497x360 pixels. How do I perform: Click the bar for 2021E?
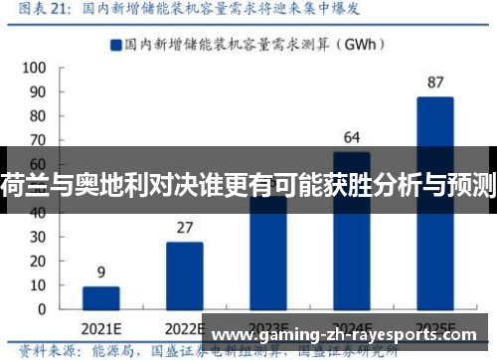click(100, 298)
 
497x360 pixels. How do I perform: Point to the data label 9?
click(100, 270)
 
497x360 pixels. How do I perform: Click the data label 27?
click(184, 227)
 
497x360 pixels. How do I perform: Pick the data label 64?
click(351, 136)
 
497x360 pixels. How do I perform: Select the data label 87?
click(434, 82)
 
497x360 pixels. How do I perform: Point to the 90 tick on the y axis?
click(37, 91)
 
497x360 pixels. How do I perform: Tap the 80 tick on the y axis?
click(37, 115)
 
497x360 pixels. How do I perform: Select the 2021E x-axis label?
click(100, 327)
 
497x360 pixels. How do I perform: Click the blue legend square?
click(116, 44)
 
